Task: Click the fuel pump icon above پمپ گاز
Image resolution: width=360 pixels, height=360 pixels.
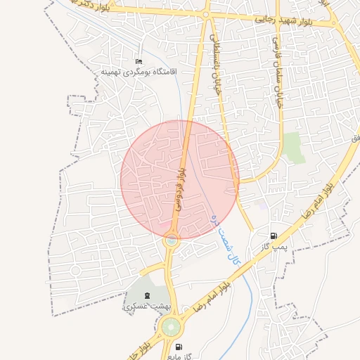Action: pos(273,236)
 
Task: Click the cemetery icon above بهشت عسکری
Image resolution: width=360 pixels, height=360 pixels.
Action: pos(146,295)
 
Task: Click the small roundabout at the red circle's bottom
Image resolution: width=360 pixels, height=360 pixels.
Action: pos(171,240)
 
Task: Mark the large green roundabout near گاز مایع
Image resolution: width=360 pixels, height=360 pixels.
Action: pos(170,327)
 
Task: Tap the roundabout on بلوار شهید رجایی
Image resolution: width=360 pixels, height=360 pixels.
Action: pos(206,14)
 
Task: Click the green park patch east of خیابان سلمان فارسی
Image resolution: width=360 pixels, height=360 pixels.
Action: pos(295,147)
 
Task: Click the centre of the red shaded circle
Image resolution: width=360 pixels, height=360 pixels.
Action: pos(180,179)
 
